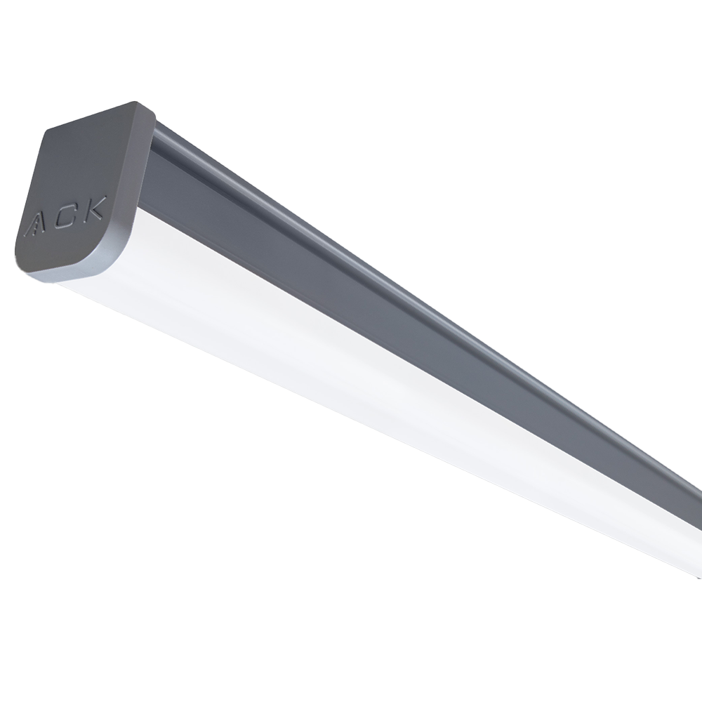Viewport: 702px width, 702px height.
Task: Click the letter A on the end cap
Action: (34, 223)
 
